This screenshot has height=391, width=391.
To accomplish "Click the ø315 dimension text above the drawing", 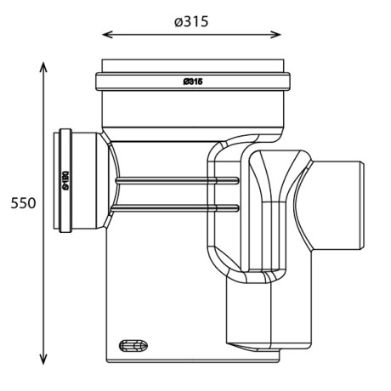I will click(191, 20).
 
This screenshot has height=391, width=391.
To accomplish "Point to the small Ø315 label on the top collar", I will click(192, 82).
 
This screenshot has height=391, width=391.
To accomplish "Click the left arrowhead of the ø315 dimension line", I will click(105, 35).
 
